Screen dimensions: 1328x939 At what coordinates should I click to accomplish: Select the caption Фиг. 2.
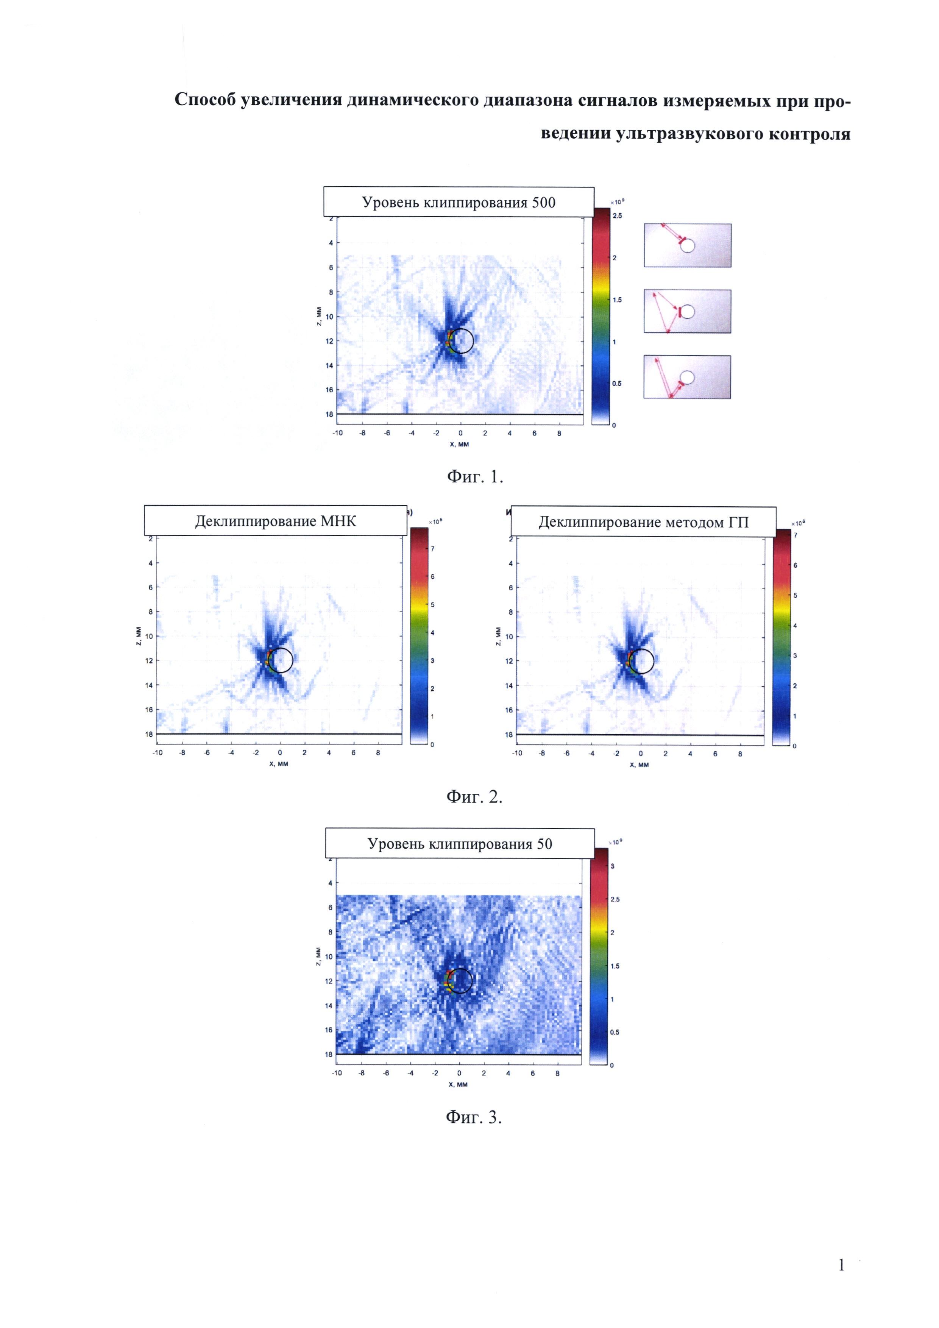(474, 797)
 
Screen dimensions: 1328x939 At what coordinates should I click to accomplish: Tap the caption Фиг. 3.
(474, 1117)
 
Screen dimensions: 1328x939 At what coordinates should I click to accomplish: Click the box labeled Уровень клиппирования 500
(459, 203)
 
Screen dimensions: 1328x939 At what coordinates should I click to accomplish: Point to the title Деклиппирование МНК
(275, 521)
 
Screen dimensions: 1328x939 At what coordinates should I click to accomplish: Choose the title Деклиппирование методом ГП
(643, 522)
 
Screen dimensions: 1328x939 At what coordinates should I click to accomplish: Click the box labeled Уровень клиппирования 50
(460, 844)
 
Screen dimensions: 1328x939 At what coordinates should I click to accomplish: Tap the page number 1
(841, 1265)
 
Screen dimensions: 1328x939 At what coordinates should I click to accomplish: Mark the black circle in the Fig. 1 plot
(462, 341)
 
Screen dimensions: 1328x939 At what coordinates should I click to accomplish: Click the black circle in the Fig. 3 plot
(461, 981)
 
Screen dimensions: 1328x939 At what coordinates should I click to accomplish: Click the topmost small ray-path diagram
(688, 245)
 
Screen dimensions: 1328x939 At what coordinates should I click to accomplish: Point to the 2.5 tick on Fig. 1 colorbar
(618, 216)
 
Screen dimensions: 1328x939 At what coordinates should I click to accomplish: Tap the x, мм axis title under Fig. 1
(459, 444)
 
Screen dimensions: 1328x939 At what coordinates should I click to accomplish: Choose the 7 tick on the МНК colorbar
(432, 548)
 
